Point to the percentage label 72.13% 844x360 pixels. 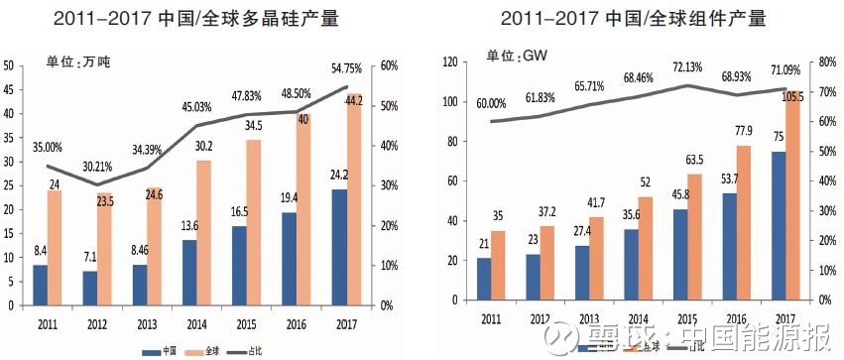point(686,67)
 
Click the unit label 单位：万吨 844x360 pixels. point(79,62)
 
